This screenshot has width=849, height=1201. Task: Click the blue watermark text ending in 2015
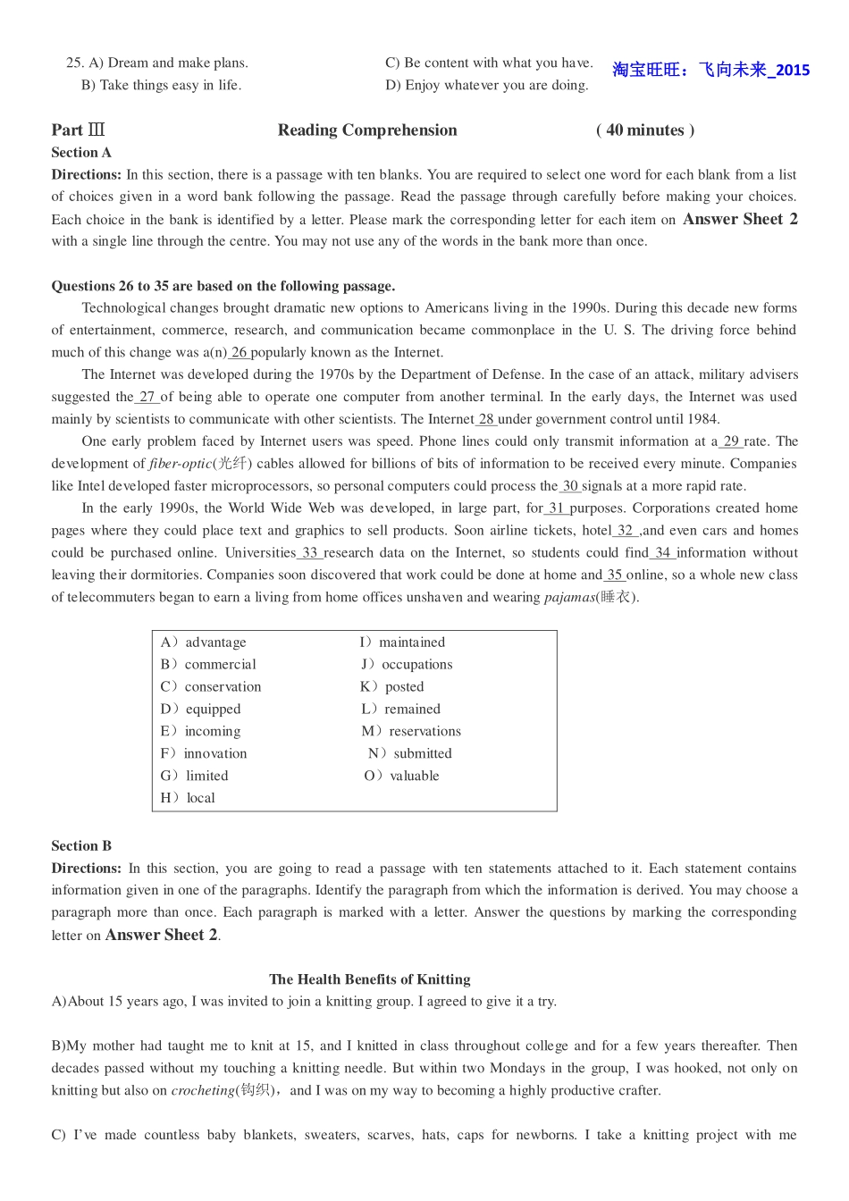pyautogui.click(x=710, y=70)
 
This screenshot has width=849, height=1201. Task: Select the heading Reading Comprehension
pyautogui.click(x=367, y=130)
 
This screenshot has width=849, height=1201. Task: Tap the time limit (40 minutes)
pyautogui.click(x=644, y=130)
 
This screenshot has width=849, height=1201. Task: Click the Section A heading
pyautogui.click(x=81, y=153)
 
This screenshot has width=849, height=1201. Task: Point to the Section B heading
pyautogui.click(x=81, y=846)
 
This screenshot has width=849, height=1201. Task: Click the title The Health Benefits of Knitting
pyautogui.click(x=369, y=979)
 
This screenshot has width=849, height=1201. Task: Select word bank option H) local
pyautogui.click(x=189, y=798)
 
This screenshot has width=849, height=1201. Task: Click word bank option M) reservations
pyautogui.click(x=411, y=731)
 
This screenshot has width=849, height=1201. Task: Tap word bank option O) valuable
pyautogui.click(x=402, y=776)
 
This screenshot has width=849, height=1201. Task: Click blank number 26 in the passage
pyautogui.click(x=239, y=353)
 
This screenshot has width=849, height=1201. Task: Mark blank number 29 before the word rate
pyautogui.click(x=731, y=441)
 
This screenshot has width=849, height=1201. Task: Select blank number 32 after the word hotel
pyautogui.click(x=625, y=531)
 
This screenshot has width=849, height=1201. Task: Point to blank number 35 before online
pyautogui.click(x=614, y=575)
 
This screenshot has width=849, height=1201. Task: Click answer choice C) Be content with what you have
pyautogui.click(x=489, y=63)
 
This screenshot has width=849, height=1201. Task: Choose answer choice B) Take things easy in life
pyautogui.click(x=161, y=86)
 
